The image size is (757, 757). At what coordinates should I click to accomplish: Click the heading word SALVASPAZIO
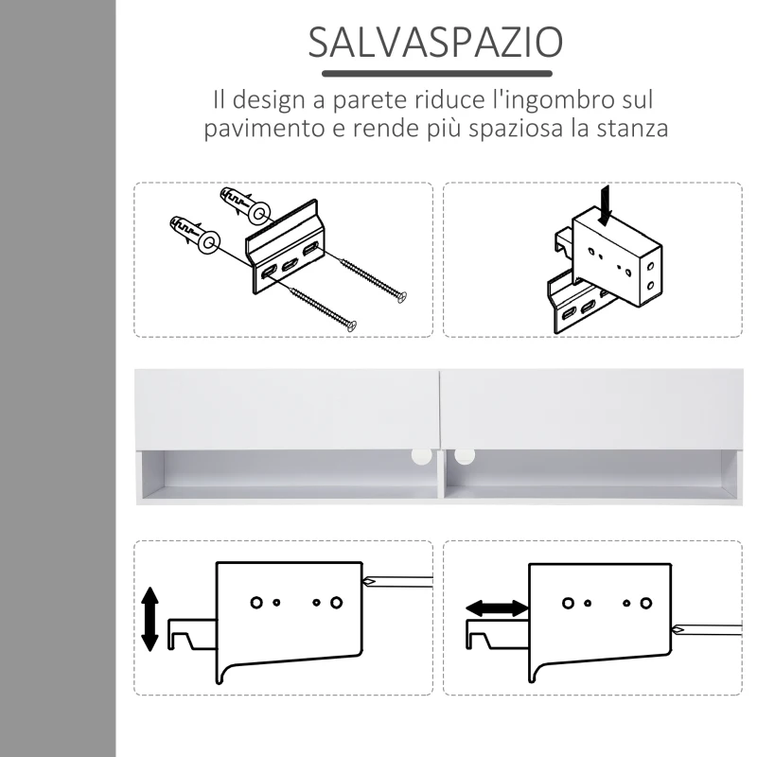click(x=436, y=43)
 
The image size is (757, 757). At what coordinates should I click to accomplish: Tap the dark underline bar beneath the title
click(x=436, y=73)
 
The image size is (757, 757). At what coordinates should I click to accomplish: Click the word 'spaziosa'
click(x=512, y=129)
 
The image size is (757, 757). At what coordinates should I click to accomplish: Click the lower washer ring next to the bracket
click(x=207, y=242)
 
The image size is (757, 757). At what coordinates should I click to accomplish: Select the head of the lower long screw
click(x=351, y=326)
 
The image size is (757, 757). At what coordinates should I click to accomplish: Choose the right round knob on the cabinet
click(x=464, y=455)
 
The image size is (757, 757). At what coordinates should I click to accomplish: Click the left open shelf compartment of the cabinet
click(x=289, y=473)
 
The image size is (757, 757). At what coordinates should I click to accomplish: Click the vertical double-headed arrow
click(x=150, y=618)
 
